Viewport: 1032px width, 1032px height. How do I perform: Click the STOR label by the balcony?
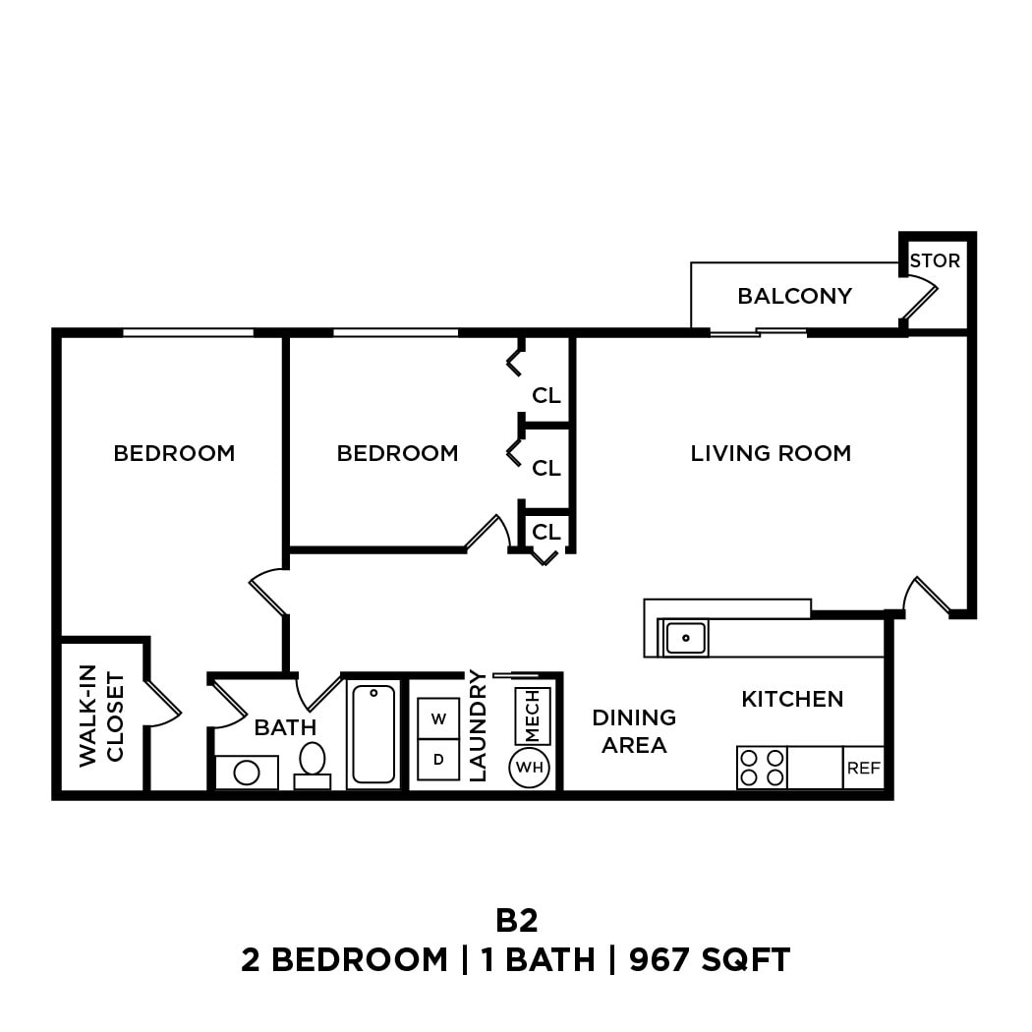[x=934, y=261]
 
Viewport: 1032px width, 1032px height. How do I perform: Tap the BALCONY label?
[x=794, y=296]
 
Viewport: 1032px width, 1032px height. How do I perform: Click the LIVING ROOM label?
[x=771, y=453]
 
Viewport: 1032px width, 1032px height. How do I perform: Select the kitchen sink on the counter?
[x=686, y=638]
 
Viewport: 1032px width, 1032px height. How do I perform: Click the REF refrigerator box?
[x=864, y=769]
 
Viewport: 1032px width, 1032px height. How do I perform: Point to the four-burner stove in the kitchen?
[x=762, y=768]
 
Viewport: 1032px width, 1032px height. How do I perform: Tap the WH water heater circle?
[x=530, y=767]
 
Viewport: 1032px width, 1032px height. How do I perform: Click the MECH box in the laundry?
[x=532, y=716]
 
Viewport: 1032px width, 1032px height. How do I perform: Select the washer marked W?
[x=438, y=718]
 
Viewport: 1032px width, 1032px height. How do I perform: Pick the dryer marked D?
[x=438, y=760]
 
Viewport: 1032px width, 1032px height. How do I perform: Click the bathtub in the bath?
[x=373, y=734]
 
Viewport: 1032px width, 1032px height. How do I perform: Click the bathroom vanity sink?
[x=246, y=773]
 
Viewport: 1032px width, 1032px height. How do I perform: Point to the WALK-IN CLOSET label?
[x=102, y=717]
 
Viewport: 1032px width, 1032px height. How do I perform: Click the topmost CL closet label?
[x=546, y=396]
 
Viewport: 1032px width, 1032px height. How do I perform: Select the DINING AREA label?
[x=634, y=731]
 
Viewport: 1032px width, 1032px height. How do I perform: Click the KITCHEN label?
[x=792, y=699]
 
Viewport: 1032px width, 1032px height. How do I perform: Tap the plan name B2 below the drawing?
[x=516, y=920]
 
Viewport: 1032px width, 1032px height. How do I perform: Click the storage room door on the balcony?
[x=922, y=297]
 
